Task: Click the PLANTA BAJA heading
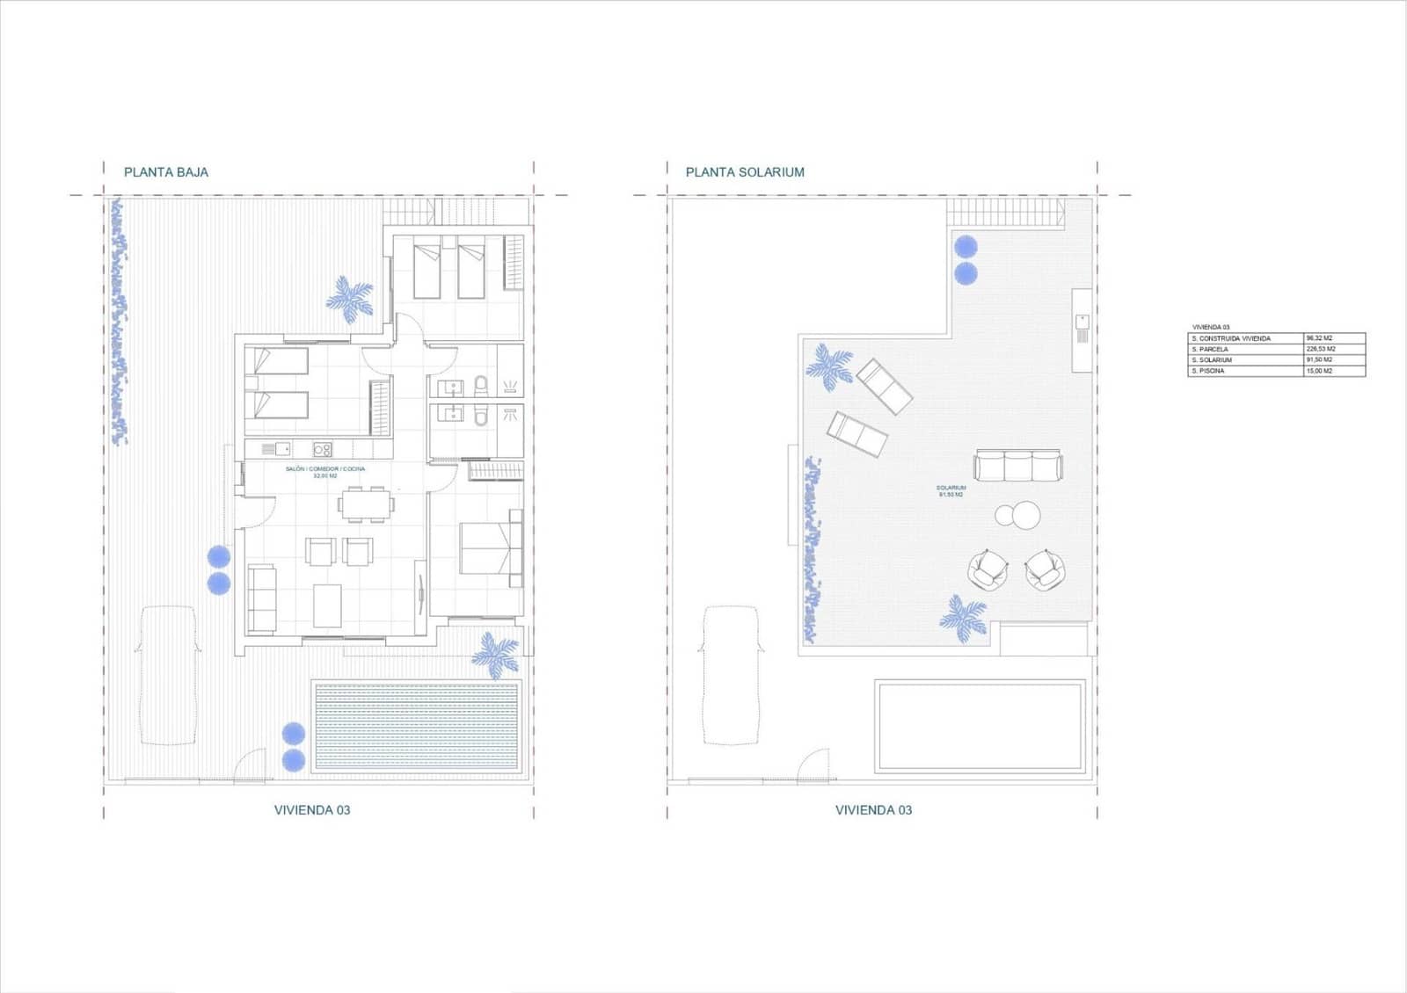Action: pyautogui.click(x=166, y=172)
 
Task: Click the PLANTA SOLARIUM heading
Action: pyautogui.click(x=745, y=172)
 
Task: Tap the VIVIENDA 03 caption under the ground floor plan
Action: pyautogui.click(x=312, y=809)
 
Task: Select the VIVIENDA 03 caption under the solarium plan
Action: pyautogui.click(x=873, y=809)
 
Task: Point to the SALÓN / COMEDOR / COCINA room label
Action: pyautogui.click(x=325, y=469)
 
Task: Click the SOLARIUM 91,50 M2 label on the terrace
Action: pyautogui.click(x=951, y=491)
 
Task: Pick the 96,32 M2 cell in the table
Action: pyautogui.click(x=1320, y=338)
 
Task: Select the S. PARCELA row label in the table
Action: pyautogui.click(x=1210, y=349)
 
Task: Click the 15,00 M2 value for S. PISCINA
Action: pyautogui.click(x=1320, y=371)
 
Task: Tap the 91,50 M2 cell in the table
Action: pyautogui.click(x=1320, y=360)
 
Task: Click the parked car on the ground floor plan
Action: pyautogui.click(x=168, y=675)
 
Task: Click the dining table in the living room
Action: pyautogui.click(x=367, y=504)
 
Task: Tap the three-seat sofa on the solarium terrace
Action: pyautogui.click(x=1018, y=466)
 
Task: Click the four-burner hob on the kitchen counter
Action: pyautogui.click(x=323, y=450)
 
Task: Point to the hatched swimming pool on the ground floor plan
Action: pyautogui.click(x=417, y=726)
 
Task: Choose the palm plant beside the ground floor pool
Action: pyautogui.click(x=496, y=655)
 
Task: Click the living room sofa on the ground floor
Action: pyautogui.click(x=261, y=599)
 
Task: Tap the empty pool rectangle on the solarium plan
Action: pyautogui.click(x=980, y=726)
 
